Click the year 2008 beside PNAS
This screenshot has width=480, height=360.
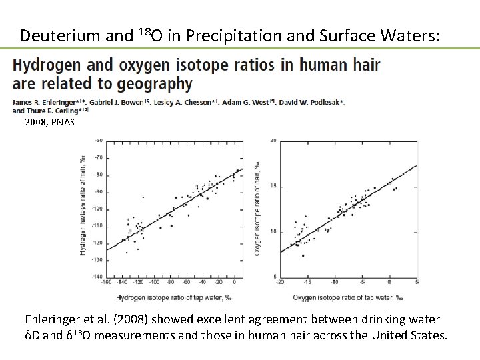tap(36, 123)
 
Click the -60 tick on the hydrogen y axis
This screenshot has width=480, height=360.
tap(98, 141)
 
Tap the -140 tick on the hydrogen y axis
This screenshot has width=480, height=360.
tap(97, 276)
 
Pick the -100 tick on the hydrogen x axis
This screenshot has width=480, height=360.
tap(155, 282)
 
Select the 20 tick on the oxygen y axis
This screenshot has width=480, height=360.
tap(273, 141)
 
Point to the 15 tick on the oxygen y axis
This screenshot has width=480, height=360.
tap(273, 186)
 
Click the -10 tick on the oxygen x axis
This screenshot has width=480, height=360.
tap(339, 282)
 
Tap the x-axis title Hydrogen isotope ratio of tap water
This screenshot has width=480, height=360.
tap(174, 297)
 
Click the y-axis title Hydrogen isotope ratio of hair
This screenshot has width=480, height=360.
tap(83, 208)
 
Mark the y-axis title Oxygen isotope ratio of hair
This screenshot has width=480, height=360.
tap(259, 209)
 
